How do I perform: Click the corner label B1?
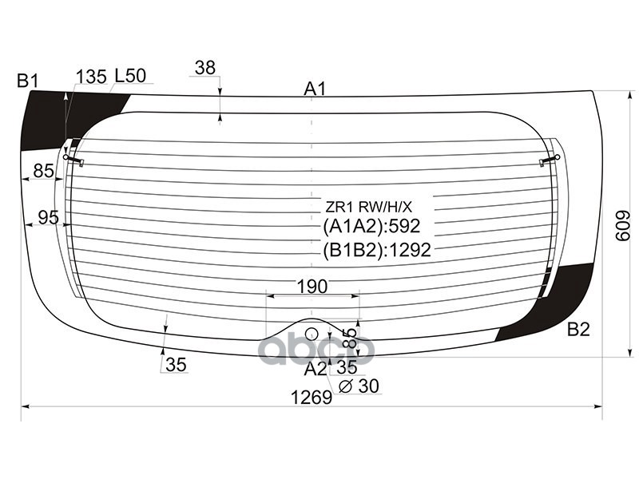pyautogui.click(x=28, y=80)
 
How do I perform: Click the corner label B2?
pyautogui.click(x=578, y=329)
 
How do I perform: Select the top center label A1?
pyautogui.click(x=315, y=89)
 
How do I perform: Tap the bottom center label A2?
pyautogui.click(x=315, y=368)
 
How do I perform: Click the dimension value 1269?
pyautogui.click(x=311, y=397)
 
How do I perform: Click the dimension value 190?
pyautogui.click(x=312, y=287)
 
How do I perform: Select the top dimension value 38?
pyautogui.click(x=205, y=69)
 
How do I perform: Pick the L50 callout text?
pyautogui.click(x=130, y=76)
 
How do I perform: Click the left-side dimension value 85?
pyautogui.click(x=43, y=170)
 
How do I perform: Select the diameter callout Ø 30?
pyautogui.click(x=359, y=386)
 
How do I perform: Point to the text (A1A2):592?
pyautogui.click(x=371, y=227)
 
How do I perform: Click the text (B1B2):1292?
pyautogui.click(x=377, y=250)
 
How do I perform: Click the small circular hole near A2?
pyautogui.click(x=312, y=334)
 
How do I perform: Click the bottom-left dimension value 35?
pyautogui.click(x=176, y=365)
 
